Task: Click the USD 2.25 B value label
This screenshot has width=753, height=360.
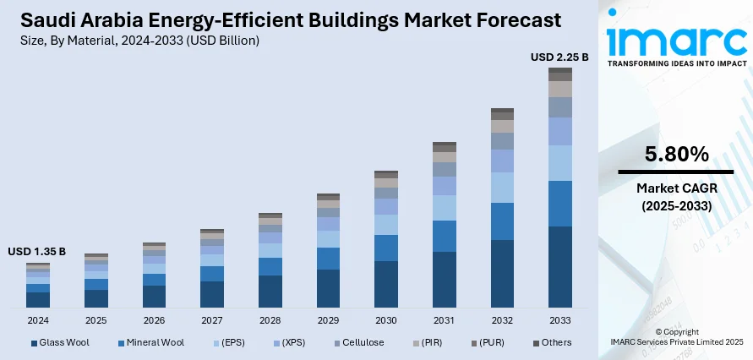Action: tap(559, 57)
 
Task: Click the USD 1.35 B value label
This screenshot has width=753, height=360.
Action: tap(37, 252)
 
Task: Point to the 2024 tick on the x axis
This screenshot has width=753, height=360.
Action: tap(38, 321)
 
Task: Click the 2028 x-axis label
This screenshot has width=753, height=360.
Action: tap(270, 321)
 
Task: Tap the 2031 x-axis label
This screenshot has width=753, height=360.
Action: tap(445, 321)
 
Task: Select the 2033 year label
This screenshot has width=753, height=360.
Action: tap(560, 321)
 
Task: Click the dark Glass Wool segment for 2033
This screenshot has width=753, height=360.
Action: tap(560, 266)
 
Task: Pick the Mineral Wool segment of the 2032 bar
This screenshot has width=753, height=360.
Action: tap(502, 221)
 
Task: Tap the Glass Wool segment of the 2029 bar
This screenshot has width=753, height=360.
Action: tap(328, 288)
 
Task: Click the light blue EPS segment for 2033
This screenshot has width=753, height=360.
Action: tap(560, 163)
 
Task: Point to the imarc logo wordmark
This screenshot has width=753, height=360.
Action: tap(676, 41)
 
